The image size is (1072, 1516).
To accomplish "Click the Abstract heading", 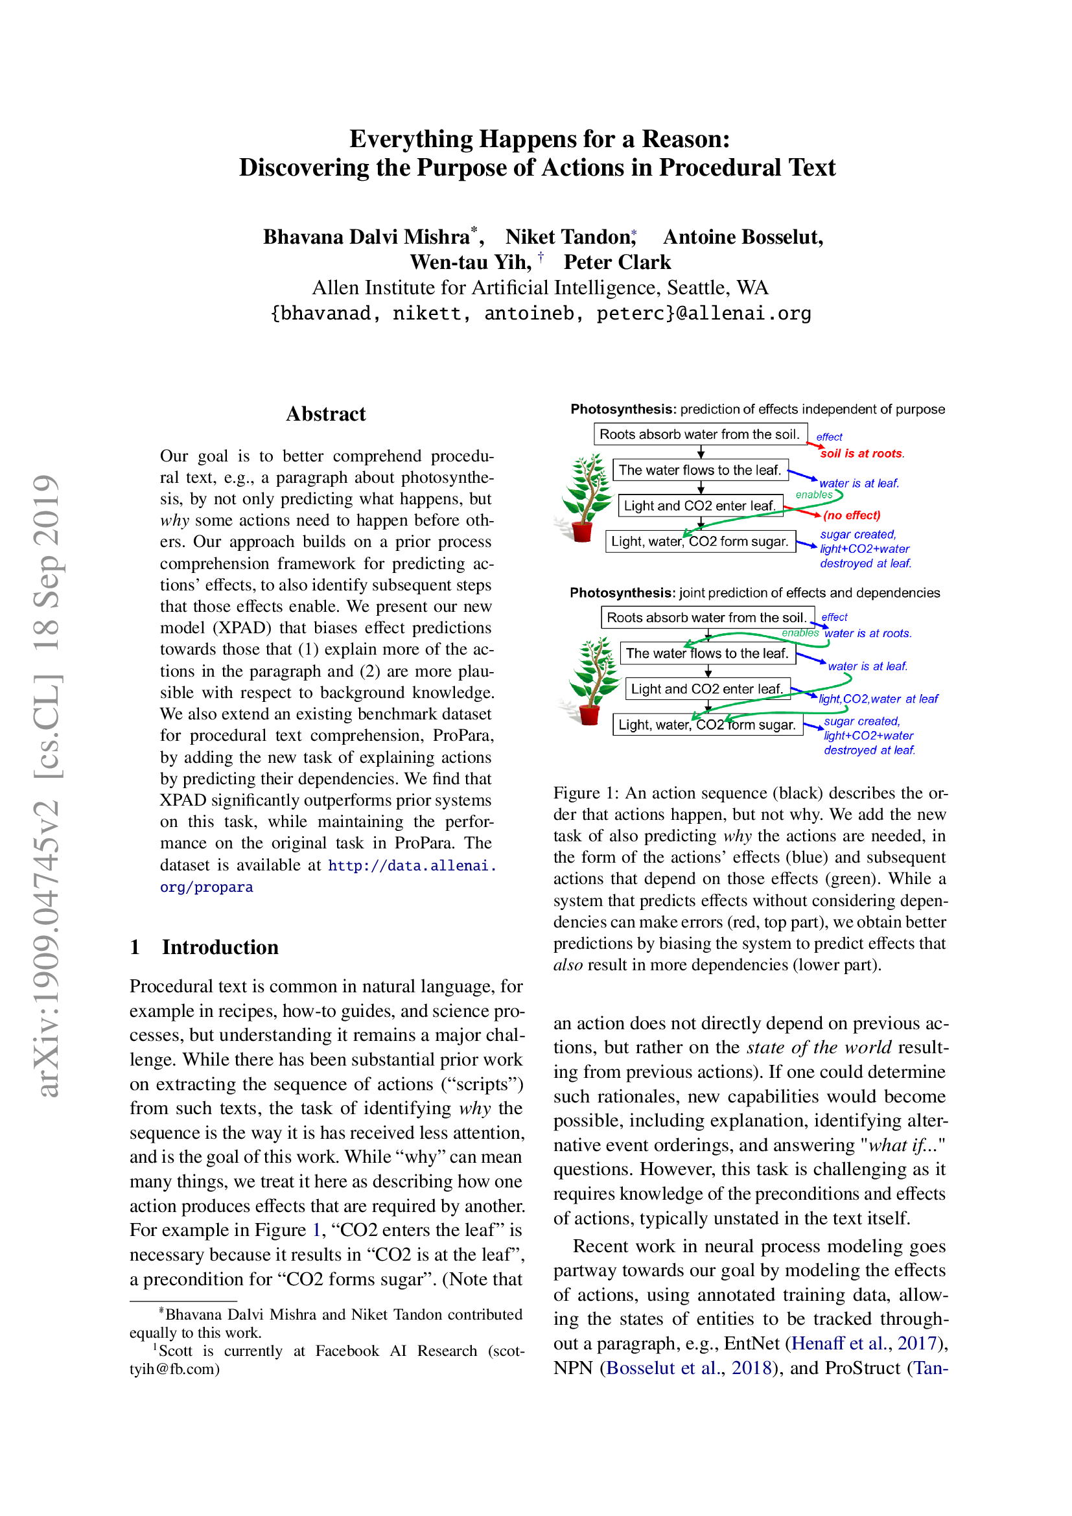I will pos(325,414).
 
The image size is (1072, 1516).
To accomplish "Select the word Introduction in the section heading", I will pos(220,947).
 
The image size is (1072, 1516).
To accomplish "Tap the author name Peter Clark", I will pos(616,262).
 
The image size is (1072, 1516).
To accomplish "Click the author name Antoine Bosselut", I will pos(743,237).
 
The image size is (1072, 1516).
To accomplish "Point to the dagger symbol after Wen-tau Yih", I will pos(541,257).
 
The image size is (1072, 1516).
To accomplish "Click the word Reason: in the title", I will pos(686,139).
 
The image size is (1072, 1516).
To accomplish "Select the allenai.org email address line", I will pos(540,313).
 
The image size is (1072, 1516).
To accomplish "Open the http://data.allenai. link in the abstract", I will pos(412,865).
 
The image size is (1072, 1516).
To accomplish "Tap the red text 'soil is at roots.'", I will pos(861,454).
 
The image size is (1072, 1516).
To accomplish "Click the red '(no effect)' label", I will pos(852,515).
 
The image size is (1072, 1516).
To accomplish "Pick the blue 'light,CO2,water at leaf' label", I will pos(878,699).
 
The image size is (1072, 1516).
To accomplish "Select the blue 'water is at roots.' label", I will pos(868,633).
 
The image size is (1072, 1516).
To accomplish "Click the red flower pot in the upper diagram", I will pos(582,531).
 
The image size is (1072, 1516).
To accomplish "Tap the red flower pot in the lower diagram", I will pos(589,714).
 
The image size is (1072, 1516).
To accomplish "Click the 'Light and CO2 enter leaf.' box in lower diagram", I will pos(707,689).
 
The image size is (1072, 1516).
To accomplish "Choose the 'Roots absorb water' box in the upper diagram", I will pos(700,434).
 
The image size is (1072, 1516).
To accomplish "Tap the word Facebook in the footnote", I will pos(347,1350).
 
